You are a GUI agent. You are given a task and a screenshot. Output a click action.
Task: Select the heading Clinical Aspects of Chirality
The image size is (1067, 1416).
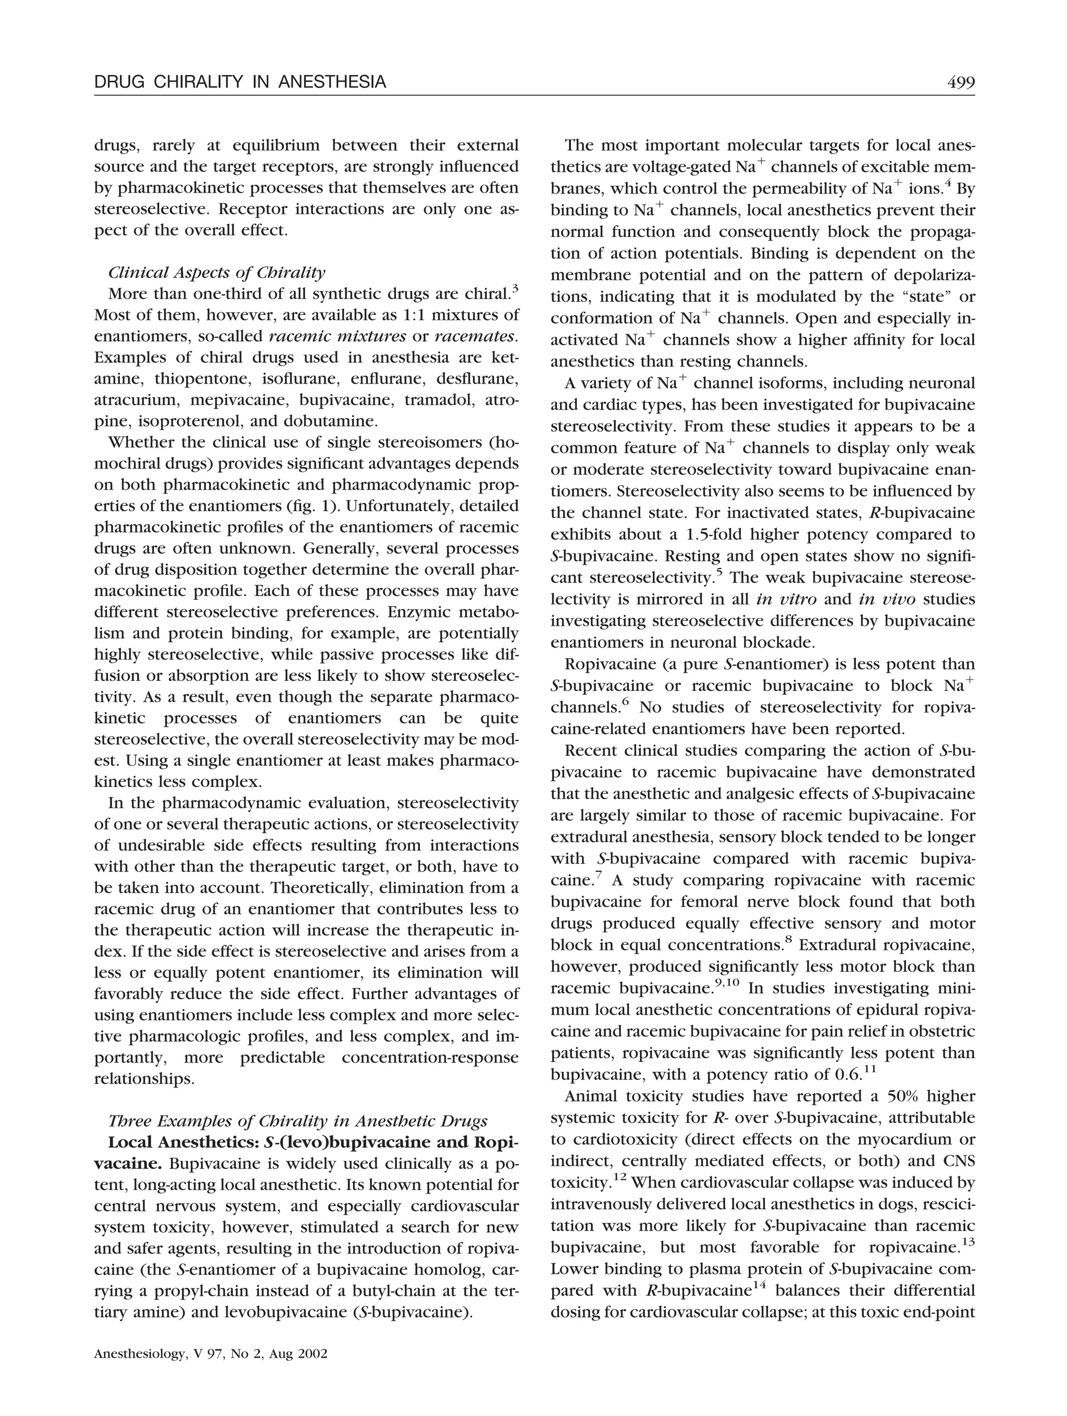[x=217, y=273]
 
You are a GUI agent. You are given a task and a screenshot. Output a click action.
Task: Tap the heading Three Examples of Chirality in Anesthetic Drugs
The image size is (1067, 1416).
[x=298, y=1121]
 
